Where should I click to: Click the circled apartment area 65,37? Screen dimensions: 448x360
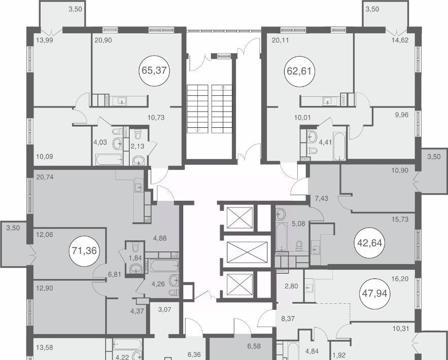point(154,70)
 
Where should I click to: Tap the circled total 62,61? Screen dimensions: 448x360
point(299,71)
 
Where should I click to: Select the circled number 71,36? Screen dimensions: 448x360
point(84,251)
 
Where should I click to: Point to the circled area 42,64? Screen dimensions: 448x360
point(370,243)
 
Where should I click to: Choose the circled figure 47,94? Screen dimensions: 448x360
point(375,294)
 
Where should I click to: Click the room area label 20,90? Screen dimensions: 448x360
point(103,41)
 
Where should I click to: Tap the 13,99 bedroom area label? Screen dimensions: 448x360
point(45,40)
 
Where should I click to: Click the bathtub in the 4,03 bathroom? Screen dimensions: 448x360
point(109,160)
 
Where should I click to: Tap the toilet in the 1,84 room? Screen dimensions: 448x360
point(135,246)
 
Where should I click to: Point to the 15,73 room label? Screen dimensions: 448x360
point(400,220)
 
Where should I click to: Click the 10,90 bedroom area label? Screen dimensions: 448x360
point(400,170)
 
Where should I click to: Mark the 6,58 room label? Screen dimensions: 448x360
point(254,346)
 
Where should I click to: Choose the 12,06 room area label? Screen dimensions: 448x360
point(45,235)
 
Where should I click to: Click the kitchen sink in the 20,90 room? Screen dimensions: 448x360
point(122,101)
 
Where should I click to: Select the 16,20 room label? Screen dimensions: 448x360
point(400,279)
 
